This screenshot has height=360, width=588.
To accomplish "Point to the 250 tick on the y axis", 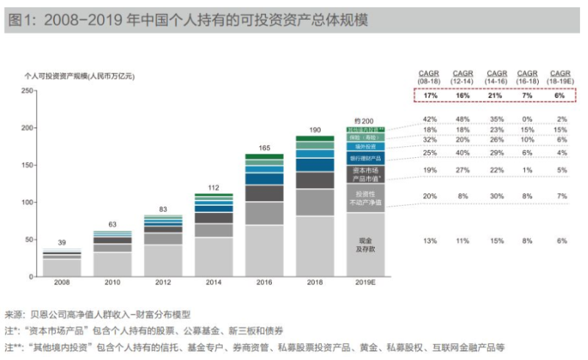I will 28,90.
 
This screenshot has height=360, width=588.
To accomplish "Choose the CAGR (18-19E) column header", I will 561,76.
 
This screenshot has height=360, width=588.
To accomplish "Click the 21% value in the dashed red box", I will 497,96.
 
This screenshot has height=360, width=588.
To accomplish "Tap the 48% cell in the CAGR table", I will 462,119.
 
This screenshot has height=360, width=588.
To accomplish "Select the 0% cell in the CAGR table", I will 528,119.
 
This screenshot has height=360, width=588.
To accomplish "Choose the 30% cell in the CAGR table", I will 497,196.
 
